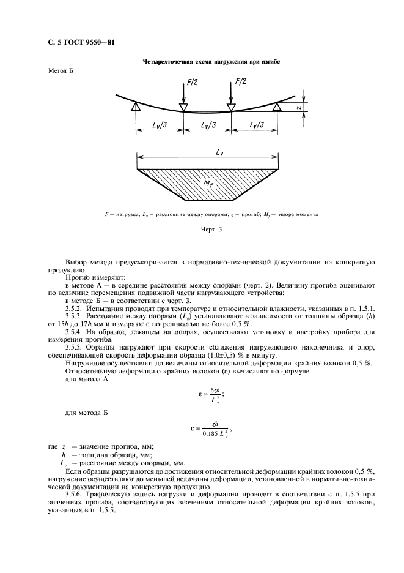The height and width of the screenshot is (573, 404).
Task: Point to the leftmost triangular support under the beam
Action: [x=136, y=108]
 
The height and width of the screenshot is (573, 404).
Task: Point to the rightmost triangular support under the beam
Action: [x=278, y=108]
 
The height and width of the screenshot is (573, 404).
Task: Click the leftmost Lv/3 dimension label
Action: [x=160, y=125]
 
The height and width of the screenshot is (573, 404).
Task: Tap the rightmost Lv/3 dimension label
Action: [x=255, y=125]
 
